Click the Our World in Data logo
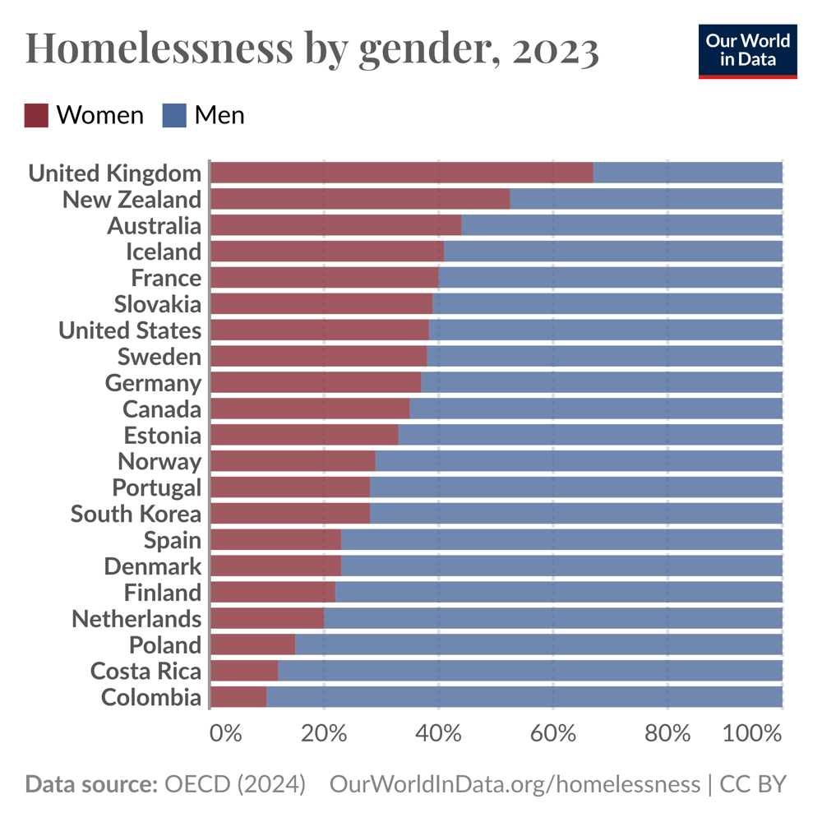click(x=747, y=51)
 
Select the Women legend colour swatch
click(x=36, y=115)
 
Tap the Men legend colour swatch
click(x=175, y=115)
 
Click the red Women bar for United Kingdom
click(x=401, y=173)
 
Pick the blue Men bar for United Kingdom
click(x=687, y=173)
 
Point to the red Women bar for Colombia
click(x=238, y=697)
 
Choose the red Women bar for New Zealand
click(x=360, y=199)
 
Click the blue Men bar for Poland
click(x=538, y=644)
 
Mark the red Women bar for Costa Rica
click(x=244, y=671)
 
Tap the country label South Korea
click(x=136, y=514)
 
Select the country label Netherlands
click(x=136, y=618)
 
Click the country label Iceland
click(x=163, y=252)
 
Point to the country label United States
click(x=130, y=330)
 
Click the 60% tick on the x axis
click(x=552, y=732)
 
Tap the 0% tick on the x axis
click(x=225, y=732)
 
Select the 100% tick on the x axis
click(x=751, y=732)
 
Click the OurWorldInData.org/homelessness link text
click(x=515, y=784)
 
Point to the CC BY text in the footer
click(x=753, y=784)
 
